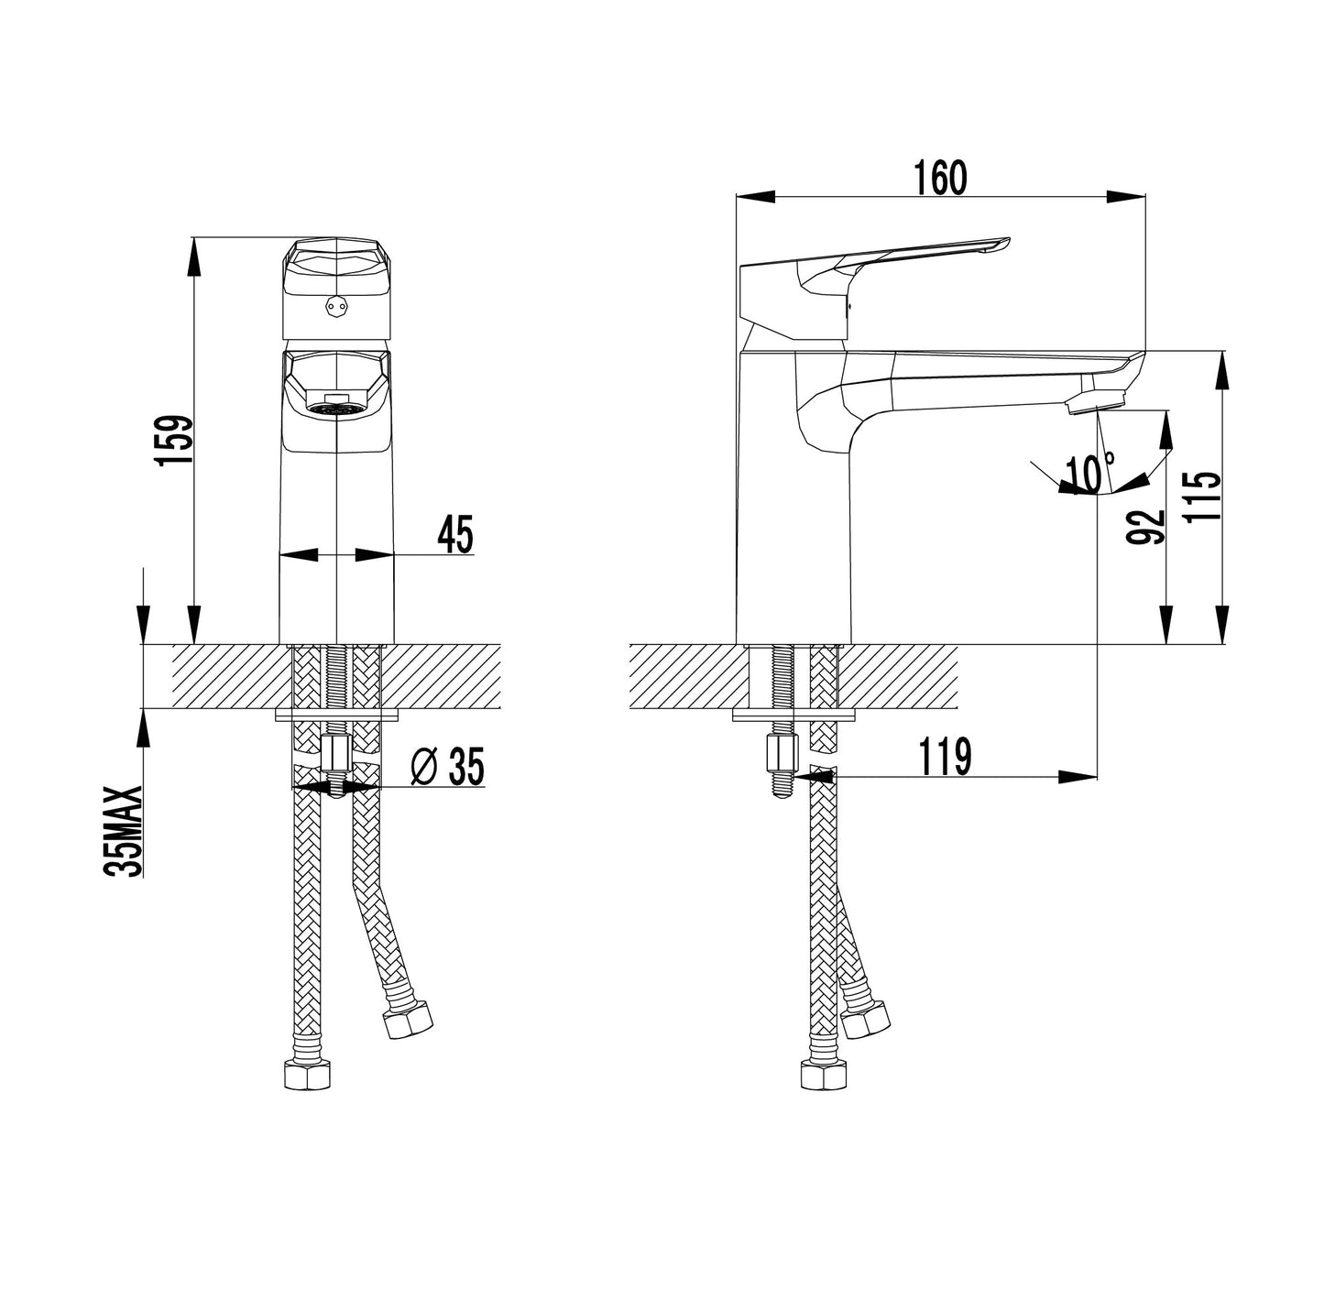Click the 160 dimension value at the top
coord(940,178)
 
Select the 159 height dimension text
coord(172,441)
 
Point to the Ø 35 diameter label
coord(447,766)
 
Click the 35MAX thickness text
coord(124,832)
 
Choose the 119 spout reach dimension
coord(945,757)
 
